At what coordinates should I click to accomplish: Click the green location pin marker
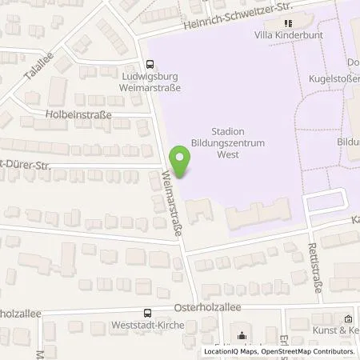point(182,162)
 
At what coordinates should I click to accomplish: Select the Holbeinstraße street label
point(78,114)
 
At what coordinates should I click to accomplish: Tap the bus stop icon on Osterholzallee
point(146,314)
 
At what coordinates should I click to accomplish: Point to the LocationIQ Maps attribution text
point(231,351)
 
